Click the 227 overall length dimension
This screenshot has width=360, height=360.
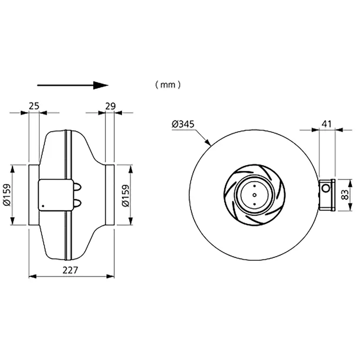pos(70,270)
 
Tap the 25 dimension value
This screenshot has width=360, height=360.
pos(34,106)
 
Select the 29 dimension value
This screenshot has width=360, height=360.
pos(110,106)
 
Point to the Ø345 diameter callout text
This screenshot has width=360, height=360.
pos(183,124)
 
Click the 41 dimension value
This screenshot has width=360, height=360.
pos(327,124)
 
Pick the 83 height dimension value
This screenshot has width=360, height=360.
pos(345,195)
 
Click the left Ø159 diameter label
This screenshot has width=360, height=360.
pos(7,195)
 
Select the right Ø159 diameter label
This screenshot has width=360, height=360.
pos(126,196)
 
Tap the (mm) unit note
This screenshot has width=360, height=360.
pos(168,85)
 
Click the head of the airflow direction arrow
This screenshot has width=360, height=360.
pos(100,85)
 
